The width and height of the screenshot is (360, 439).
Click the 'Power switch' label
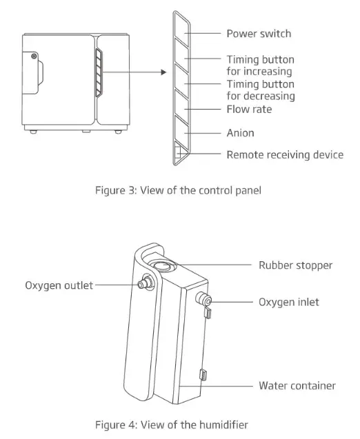[x=259, y=33]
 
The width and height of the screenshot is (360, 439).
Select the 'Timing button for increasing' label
[x=259, y=65]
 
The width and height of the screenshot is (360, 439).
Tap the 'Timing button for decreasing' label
[x=260, y=90]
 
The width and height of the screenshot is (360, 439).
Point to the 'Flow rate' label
[x=249, y=109]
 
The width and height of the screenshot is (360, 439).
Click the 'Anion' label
[x=240, y=132]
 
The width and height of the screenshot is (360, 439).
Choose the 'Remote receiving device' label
[x=285, y=154]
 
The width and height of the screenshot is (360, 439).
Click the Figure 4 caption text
[x=171, y=424]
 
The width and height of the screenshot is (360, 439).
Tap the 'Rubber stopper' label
[x=295, y=265]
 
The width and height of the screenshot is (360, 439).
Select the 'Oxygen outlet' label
[x=59, y=285]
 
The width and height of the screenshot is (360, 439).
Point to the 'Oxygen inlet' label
[x=289, y=302]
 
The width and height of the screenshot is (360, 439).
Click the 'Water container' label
[x=297, y=385]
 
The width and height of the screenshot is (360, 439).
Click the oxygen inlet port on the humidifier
[x=204, y=299]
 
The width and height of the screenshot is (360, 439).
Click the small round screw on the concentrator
[x=33, y=55]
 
